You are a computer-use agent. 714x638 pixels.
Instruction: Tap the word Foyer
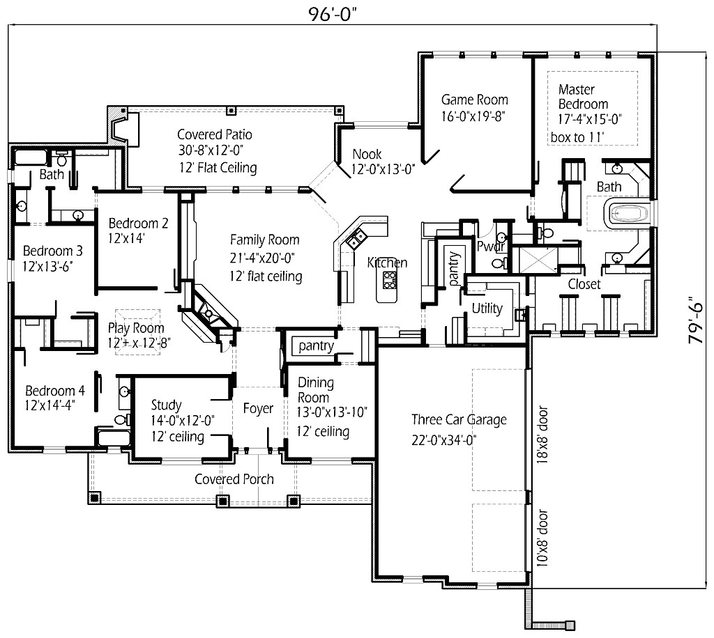pyautogui.click(x=257, y=409)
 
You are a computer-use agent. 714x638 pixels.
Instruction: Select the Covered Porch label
pyautogui.click(x=234, y=479)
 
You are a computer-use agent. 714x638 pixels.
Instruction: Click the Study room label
pyautogui.click(x=166, y=405)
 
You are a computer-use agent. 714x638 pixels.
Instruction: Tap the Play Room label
pyautogui.click(x=136, y=328)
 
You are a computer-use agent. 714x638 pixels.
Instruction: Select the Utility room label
pyautogui.click(x=487, y=309)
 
